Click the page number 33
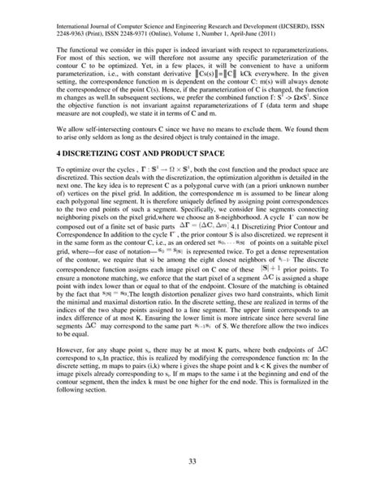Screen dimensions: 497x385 (x=192, y=463)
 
